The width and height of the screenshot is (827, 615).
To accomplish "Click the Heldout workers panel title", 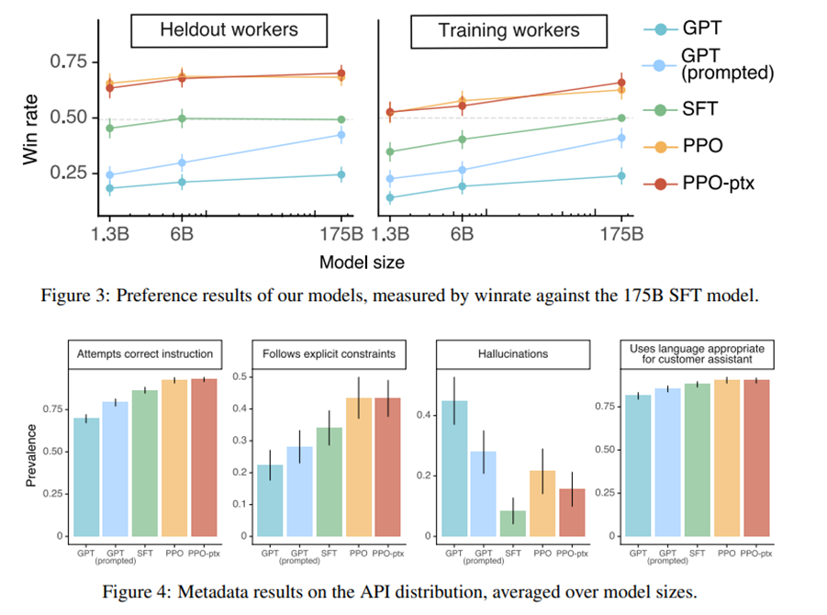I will (229, 29).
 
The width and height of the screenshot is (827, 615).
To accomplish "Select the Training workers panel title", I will (508, 29).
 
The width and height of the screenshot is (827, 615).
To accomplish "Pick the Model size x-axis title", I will (362, 262).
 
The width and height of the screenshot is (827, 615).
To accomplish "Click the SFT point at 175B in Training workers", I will (621, 118).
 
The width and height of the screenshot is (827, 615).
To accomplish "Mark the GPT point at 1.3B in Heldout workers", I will (110, 188).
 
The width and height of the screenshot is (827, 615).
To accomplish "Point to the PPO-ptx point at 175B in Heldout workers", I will (341, 73).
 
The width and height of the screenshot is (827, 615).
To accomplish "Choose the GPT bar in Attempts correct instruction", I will (86, 476).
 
